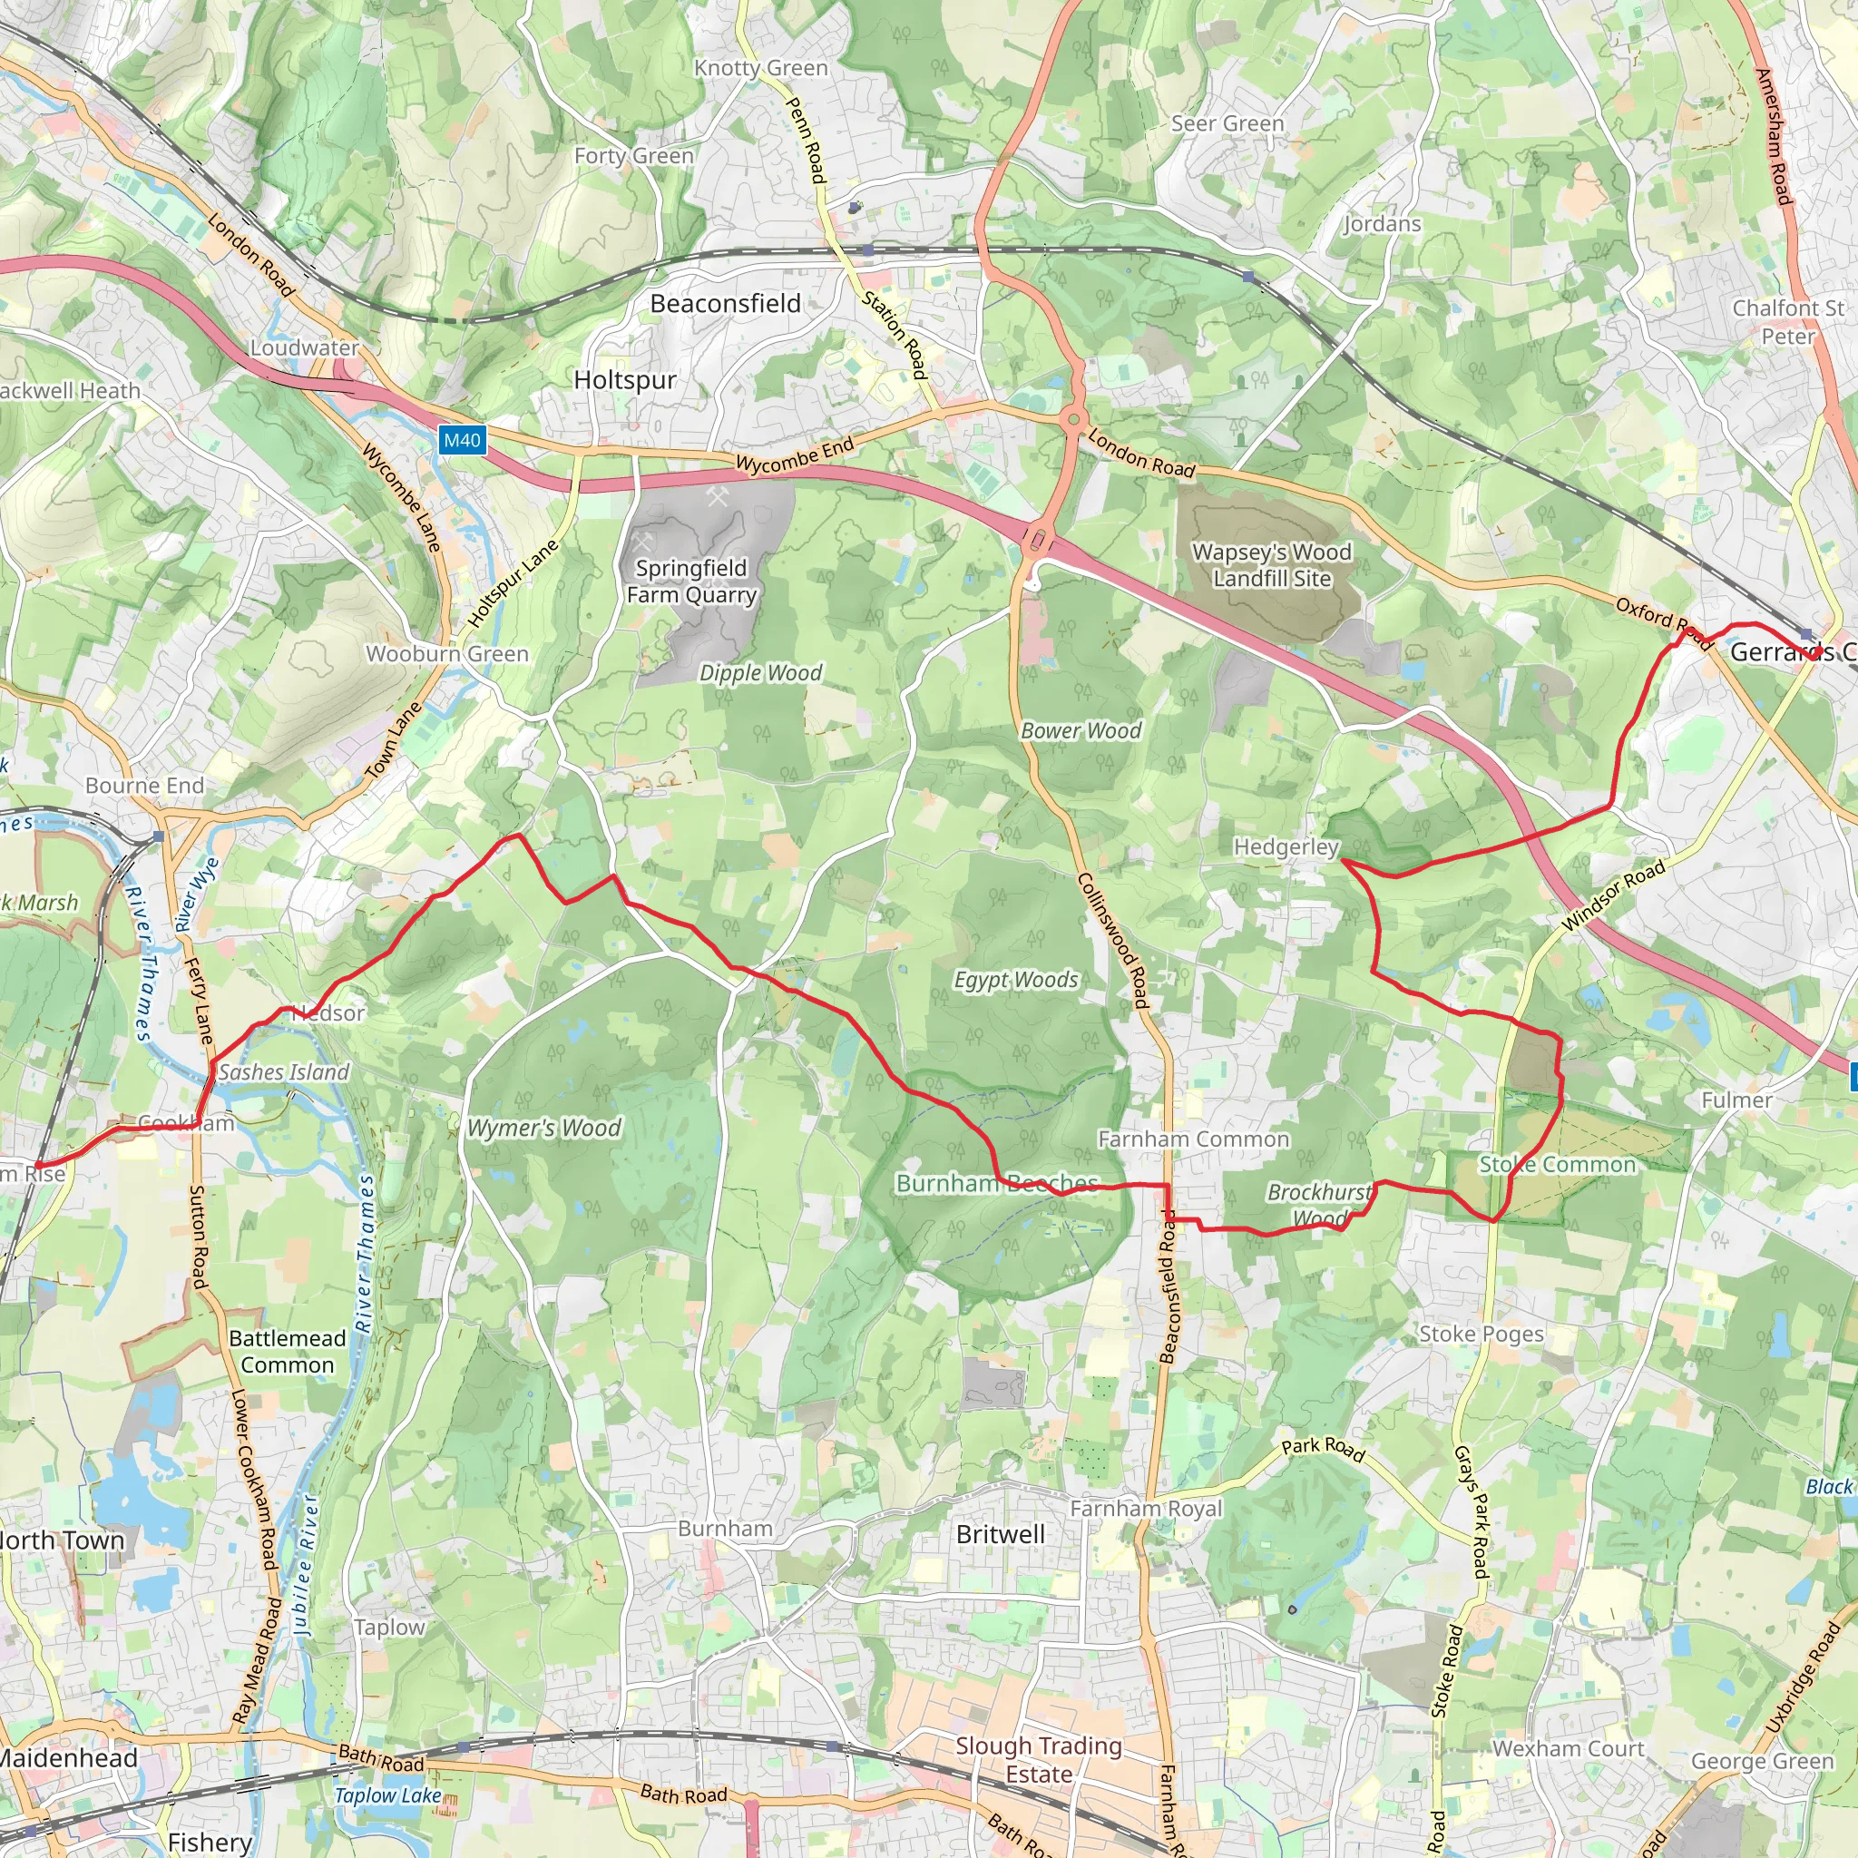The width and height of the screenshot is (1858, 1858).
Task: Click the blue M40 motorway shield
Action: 462,440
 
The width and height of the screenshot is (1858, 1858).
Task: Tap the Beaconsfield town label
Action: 725,304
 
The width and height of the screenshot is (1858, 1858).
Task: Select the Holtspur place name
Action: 625,380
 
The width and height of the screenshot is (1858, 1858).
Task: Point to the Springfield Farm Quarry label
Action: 691,581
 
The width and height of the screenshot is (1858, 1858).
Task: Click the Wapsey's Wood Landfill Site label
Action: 1271,565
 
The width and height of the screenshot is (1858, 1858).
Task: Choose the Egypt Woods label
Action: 1015,980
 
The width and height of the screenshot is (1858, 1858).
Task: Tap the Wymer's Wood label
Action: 544,1128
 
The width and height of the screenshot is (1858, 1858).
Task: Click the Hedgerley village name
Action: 1286,847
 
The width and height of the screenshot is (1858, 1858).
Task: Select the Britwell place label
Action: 1000,1534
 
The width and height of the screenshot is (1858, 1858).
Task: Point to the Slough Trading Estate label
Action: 1039,1759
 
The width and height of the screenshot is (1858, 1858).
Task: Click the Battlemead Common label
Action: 288,1351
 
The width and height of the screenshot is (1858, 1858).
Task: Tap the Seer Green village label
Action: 1227,124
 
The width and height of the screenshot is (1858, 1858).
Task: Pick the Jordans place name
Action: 1382,224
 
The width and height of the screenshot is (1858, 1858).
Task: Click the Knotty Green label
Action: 760,68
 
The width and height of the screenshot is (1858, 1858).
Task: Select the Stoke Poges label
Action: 1481,1334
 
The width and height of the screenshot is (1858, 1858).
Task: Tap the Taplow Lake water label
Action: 387,1795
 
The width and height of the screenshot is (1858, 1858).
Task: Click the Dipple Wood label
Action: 760,673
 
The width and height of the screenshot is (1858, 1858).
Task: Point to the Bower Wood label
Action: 1081,731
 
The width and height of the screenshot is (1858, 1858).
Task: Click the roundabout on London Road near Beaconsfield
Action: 1073,420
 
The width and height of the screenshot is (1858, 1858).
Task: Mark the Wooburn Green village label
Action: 447,654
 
